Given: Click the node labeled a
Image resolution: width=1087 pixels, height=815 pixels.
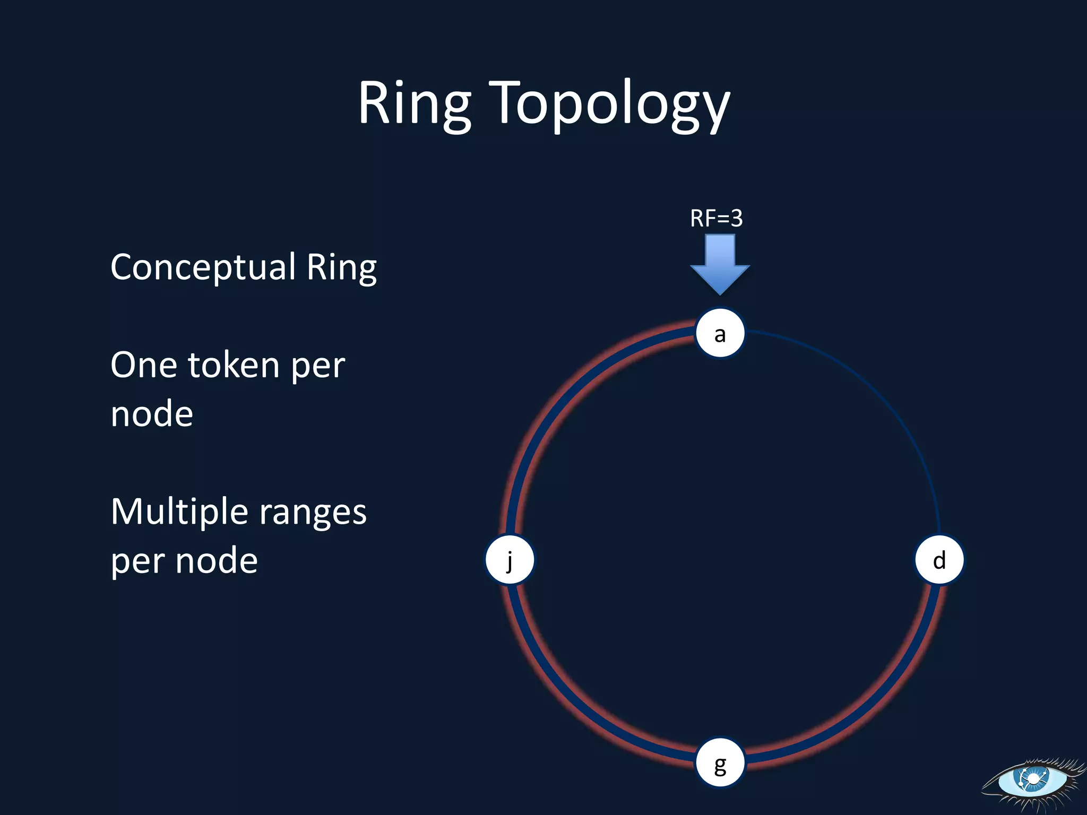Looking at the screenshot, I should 720,333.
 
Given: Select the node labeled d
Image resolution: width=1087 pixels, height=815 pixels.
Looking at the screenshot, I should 939,560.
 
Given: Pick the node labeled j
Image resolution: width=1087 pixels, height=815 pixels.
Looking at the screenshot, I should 510,560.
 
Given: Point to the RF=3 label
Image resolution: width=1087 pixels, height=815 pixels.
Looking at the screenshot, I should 717,218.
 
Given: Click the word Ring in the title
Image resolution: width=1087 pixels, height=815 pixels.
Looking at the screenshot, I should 415,103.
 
